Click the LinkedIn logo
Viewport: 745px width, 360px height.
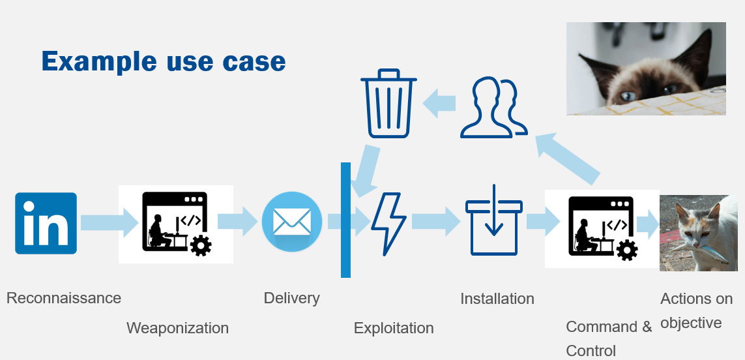(x=46, y=223)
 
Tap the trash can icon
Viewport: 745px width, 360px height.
(x=389, y=104)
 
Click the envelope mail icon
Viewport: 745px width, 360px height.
(x=291, y=222)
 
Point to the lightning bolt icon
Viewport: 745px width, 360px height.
(x=388, y=223)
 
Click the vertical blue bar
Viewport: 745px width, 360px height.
(x=345, y=220)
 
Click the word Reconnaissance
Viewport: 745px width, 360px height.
(x=64, y=298)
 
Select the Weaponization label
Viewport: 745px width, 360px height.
(x=177, y=327)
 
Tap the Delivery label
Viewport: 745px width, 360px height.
(x=291, y=298)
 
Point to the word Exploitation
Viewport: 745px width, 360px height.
(x=394, y=327)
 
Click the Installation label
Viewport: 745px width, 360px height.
(x=497, y=299)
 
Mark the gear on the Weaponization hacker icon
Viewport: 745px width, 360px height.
(x=200, y=246)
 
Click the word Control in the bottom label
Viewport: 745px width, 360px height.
(x=591, y=350)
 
